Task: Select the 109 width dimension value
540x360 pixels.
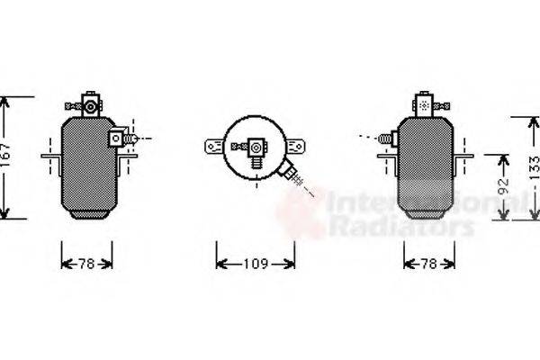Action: point(256,264)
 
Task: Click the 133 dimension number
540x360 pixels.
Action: point(534,167)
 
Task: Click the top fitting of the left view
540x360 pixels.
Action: point(88,103)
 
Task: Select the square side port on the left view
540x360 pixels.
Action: point(117,138)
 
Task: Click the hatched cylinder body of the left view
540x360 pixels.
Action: point(87,166)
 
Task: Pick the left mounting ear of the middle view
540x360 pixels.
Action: point(214,144)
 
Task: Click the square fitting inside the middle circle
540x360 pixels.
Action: point(256,146)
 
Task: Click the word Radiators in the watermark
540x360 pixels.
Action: point(400,227)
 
